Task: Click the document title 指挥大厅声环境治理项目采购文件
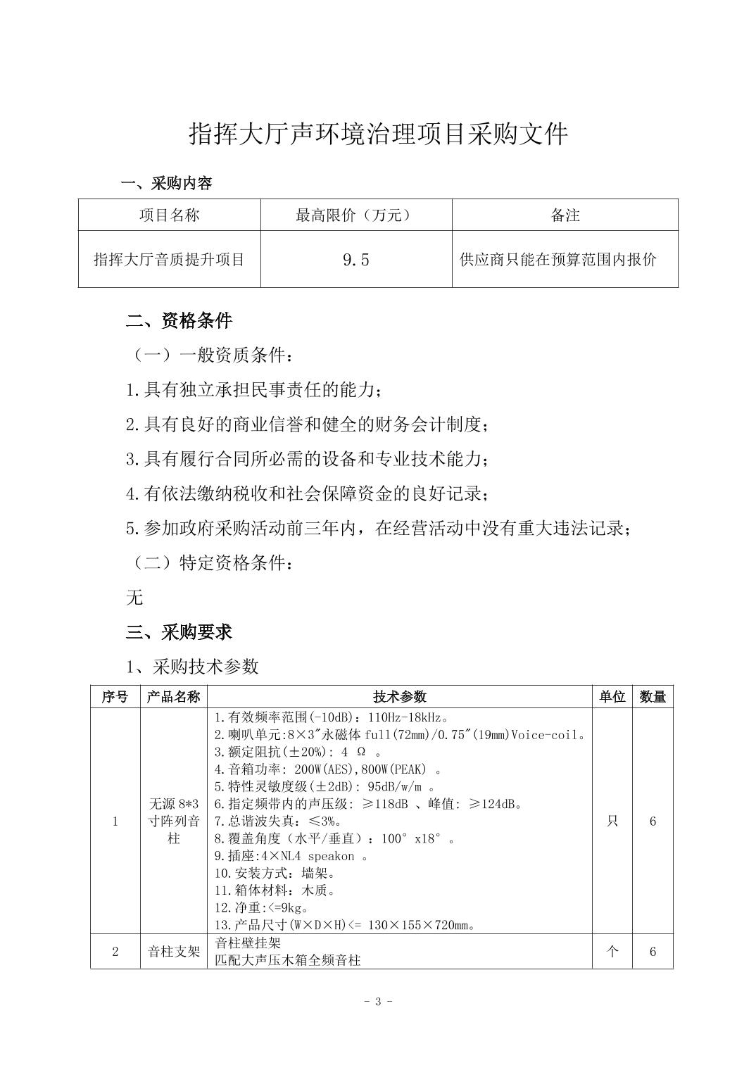(378, 134)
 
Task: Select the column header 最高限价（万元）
(355, 215)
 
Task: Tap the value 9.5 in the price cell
(355, 260)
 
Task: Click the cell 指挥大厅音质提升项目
(169, 260)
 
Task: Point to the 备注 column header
(565, 215)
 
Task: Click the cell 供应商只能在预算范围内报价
(557, 260)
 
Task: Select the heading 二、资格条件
(179, 321)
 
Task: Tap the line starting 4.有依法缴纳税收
(306, 493)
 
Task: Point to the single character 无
(134, 598)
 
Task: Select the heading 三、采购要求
(179, 632)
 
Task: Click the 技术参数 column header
(400, 697)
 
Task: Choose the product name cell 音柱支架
(174, 952)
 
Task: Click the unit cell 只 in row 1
(612, 822)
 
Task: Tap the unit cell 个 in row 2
(612, 952)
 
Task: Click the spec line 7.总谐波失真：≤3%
(279, 822)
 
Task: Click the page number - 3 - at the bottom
(378, 1002)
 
